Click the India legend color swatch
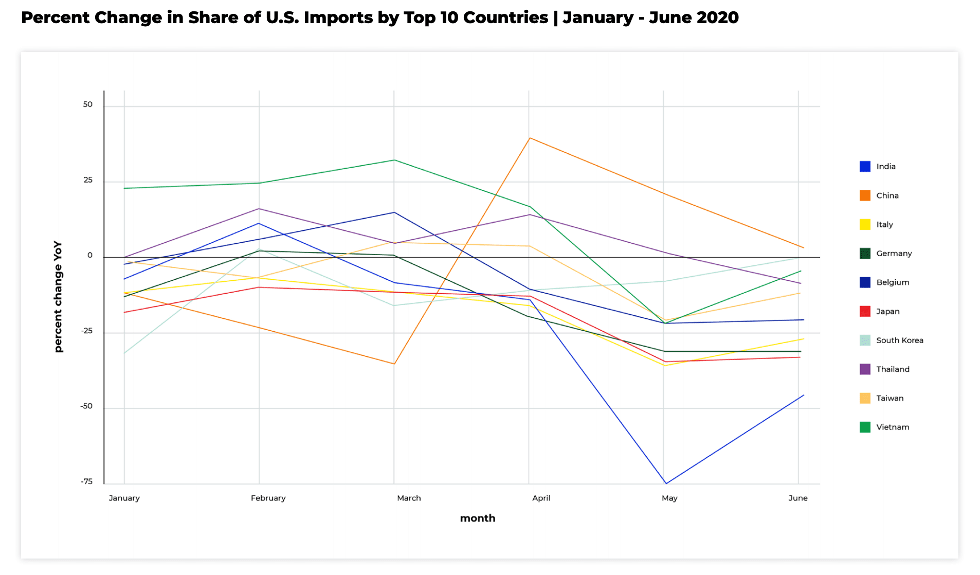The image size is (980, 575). (x=865, y=167)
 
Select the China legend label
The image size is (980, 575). (x=887, y=195)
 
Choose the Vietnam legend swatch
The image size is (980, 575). (x=865, y=427)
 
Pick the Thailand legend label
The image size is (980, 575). (x=893, y=369)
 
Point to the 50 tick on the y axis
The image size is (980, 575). (x=88, y=104)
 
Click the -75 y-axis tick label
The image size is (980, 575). (x=86, y=482)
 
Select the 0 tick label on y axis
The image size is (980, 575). (x=90, y=256)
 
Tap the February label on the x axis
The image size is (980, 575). (x=268, y=498)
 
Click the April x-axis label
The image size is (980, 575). (x=541, y=498)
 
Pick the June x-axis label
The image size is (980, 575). (x=797, y=498)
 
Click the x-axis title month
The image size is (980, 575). (x=478, y=518)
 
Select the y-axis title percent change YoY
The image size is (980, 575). (x=58, y=297)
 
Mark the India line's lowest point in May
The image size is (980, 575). (x=666, y=483)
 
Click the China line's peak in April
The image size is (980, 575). (x=529, y=138)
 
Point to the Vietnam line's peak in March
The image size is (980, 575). (x=394, y=160)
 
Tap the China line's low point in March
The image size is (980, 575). (x=394, y=364)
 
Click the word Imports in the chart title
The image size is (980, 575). (x=338, y=17)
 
